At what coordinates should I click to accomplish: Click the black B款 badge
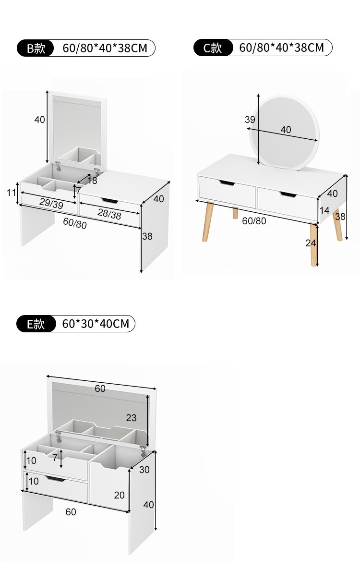tap(35, 48)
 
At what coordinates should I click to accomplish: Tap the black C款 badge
tap(213, 48)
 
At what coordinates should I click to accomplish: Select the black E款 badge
tap(36, 324)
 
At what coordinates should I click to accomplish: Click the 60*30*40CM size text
tap(96, 324)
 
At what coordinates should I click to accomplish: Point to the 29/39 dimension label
tap(51, 203)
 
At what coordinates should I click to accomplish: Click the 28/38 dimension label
tap(109, 214)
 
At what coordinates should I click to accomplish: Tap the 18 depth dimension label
tap(92, 181)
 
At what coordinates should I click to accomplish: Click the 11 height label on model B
tap(11, 193)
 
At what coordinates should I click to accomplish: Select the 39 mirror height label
tap(250, 120)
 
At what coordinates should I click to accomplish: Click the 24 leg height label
tap(311, 243)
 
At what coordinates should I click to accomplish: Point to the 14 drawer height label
tap(324, 210)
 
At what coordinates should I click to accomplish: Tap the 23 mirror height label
tap(131, 418)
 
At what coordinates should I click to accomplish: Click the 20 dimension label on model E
tap(119, 495)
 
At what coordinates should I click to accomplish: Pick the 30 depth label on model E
tap(144, 470)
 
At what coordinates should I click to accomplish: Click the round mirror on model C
tap(285, 133)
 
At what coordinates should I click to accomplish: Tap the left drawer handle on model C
tap(227, 183)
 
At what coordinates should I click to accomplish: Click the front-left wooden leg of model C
tap(207, 221)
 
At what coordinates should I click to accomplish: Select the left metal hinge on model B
tap(58, 166)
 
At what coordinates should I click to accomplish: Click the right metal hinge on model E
tap(143, 451)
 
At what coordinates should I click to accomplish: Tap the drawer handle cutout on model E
tap(55, 479)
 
